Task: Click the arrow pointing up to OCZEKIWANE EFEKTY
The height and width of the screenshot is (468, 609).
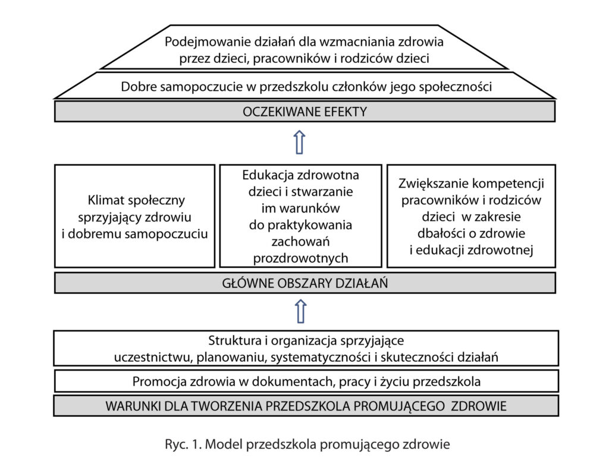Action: pos(300,143)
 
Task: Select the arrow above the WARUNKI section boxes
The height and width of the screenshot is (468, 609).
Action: pos(300,311)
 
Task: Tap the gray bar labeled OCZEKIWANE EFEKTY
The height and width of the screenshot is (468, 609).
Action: pos(304,111)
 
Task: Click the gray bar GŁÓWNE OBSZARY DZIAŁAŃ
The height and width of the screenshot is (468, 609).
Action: pos(304,283)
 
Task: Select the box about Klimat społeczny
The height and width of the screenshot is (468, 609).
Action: pos(134,216)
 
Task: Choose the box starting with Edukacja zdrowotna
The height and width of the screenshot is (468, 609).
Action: pos(300,216)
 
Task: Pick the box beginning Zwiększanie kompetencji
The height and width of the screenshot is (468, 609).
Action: pos(471,216)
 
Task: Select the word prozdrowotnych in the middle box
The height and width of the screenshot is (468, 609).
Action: pos(300,258)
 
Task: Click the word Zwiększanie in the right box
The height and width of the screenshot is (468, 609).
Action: pos(428,184)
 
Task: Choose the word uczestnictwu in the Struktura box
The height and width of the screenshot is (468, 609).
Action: pos(145,357)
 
